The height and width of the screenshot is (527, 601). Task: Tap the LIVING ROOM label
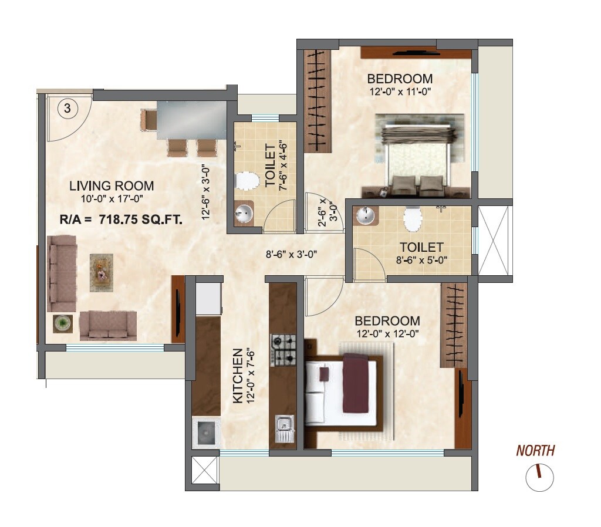(112, 186)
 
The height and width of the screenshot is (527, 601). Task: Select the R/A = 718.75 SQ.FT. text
(121, 220)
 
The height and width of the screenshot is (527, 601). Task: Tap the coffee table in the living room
(101, 272)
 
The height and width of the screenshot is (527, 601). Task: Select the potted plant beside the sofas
(62, 323)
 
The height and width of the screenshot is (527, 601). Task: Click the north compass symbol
(539, 477)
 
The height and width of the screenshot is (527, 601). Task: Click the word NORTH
(535, 451)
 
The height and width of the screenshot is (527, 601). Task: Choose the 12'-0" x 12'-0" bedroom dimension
(387, 333)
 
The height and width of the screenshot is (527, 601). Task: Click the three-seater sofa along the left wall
(62, 274)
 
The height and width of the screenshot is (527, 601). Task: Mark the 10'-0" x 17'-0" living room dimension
(112, 200)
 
